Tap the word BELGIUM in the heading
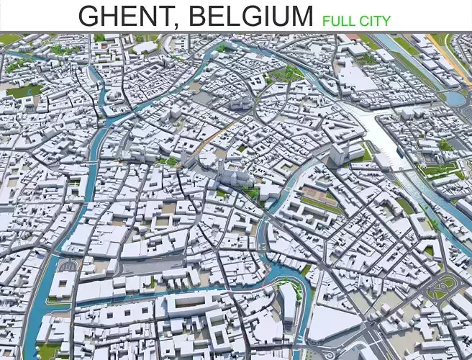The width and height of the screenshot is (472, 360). [x=248, y=15]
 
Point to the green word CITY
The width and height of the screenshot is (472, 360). [x=376, y=20]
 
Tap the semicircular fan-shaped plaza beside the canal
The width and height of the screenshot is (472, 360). [x=67, y=266]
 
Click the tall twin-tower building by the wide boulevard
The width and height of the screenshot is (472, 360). [x=338, y=153]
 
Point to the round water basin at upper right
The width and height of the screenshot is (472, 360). [x=455, y=97]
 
